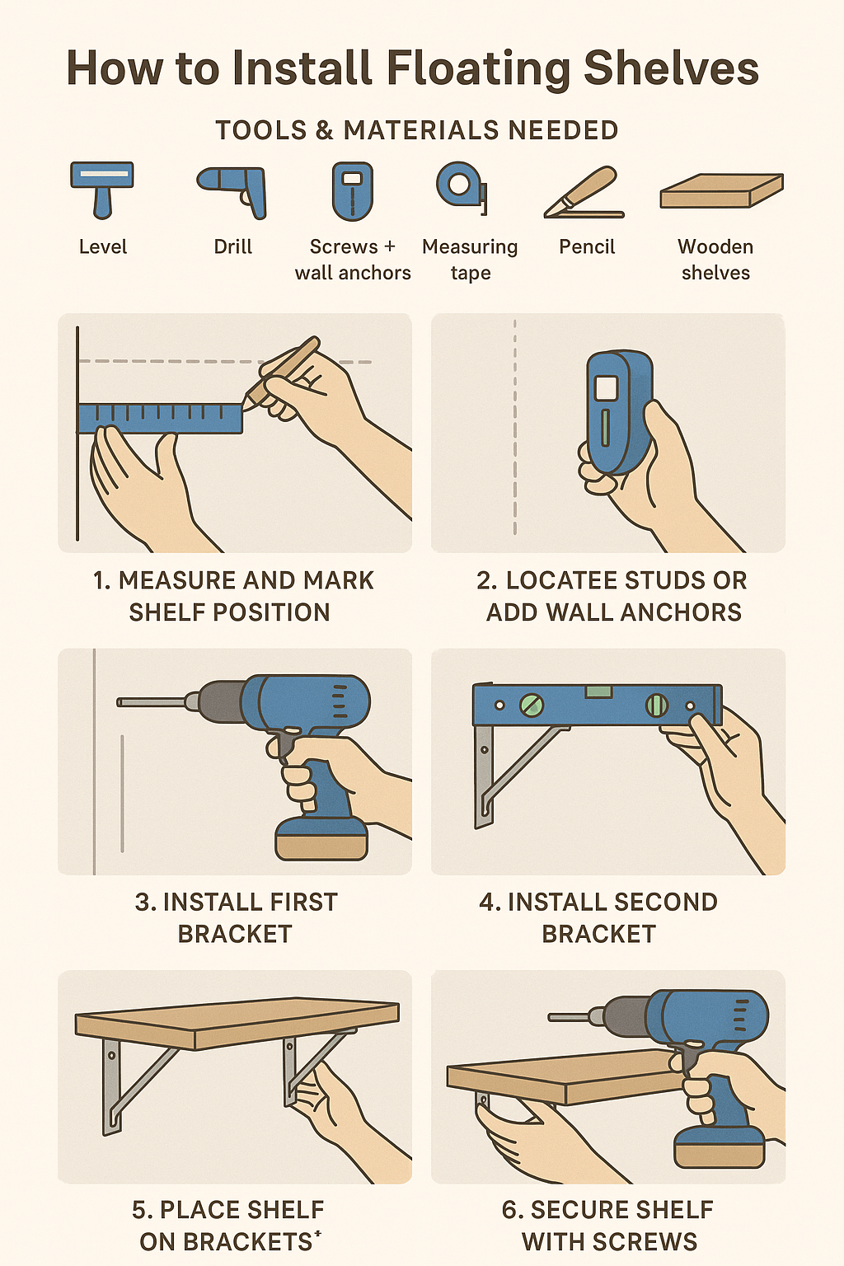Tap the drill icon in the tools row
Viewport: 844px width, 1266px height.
pos(233,190)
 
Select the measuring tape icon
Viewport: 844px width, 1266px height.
pos(462,187)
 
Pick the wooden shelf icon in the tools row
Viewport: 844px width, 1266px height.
pos(720,191)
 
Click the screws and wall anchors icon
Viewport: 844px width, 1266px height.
pos(353,190)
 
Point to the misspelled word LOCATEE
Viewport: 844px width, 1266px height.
pos(560,580)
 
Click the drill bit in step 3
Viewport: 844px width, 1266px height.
pos(152,702)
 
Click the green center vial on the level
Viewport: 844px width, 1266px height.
pos(599,692)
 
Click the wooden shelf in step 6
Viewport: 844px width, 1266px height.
pos(560,1076)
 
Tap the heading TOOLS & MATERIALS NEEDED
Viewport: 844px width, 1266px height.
pos(416,130)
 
